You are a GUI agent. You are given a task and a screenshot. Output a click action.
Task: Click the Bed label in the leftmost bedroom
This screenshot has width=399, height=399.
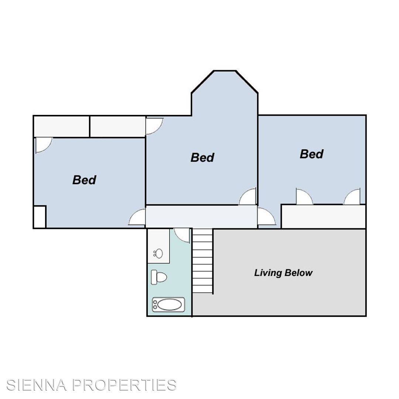(84, 180)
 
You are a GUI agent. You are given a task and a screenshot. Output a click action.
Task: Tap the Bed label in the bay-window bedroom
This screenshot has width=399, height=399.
(202, 157)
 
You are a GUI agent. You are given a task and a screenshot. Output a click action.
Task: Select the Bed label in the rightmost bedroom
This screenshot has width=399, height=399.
(312, 154)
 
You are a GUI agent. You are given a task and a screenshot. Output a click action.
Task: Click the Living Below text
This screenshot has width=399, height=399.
(283, 273)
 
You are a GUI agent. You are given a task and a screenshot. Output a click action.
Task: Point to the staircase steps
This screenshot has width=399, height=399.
(202, 261)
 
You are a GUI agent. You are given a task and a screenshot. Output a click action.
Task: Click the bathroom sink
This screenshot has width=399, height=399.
(158, 253)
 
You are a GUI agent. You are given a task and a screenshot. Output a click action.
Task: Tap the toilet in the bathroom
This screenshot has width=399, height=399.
(159, 277)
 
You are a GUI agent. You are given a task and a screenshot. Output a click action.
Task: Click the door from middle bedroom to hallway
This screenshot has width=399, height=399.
(248, 197)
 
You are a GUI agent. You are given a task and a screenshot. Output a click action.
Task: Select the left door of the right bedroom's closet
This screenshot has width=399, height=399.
(304, 197)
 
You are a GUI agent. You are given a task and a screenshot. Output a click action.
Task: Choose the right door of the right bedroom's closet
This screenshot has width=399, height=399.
(352, 197)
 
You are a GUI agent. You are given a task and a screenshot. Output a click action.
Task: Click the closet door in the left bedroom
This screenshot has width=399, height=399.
(43, 145)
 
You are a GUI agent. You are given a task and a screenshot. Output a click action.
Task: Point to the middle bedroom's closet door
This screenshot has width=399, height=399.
(154, 126)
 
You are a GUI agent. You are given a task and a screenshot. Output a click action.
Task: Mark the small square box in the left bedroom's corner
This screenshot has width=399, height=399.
(40, 217)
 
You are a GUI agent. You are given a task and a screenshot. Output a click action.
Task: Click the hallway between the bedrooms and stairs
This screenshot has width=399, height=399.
(201, 216)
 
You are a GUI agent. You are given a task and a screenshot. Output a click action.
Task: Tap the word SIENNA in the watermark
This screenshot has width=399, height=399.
(37, 385)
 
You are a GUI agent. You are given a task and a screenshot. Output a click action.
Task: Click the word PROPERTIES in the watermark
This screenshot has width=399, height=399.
(124, 385)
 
